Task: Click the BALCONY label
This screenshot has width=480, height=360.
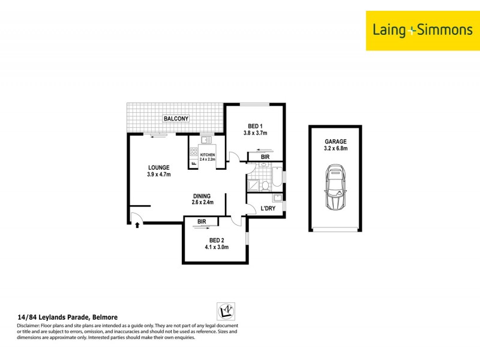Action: click(x=176, y=119)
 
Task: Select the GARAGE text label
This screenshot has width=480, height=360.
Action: click(x=335, y=142)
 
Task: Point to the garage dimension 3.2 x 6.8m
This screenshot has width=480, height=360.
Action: click(x=335, y=149)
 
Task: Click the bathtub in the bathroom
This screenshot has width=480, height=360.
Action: click(x=277, y=178)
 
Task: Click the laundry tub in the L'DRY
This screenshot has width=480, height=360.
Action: click(x=277, y=199)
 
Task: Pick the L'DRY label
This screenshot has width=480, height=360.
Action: click(x=268, y=209)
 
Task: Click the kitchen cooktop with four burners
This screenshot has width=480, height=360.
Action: click(x=194, y=151)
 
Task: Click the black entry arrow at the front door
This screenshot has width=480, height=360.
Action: click(x=137, y=226)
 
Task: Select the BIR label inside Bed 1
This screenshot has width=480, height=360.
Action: click(x=265, y=157)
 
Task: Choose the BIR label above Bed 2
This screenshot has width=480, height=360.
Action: click(x=202, y=221)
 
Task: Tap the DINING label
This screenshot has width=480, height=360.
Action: click(x=202, y=196)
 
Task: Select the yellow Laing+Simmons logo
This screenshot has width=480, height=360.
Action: click(x=419, y=29)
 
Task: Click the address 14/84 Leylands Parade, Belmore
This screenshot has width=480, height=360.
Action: click(x=67, y=317)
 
